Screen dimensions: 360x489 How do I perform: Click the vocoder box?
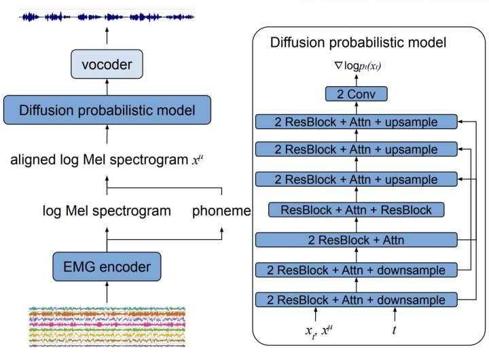[107, 66]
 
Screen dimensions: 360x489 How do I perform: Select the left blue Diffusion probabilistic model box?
[107, 110]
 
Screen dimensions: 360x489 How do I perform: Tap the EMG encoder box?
[107, 266]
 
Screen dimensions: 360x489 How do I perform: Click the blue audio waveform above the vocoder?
[107, 16]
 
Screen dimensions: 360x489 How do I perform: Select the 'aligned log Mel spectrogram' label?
[103, 161]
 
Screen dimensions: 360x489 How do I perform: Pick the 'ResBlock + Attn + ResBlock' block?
[357, 210]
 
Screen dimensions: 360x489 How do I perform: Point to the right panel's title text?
[358, 43]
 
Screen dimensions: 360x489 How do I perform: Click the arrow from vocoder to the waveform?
[107, 39]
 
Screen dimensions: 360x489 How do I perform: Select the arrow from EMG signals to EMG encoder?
[107, 293]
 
